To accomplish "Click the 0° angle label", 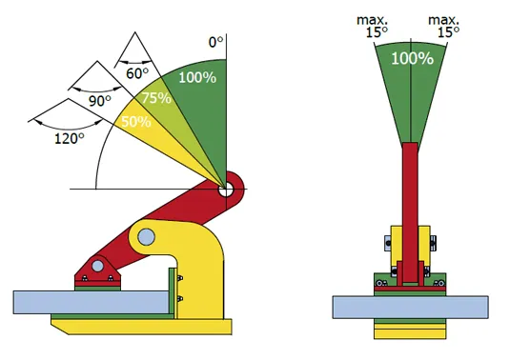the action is [216, 42].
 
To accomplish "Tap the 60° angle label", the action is [137, 73].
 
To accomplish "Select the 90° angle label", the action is [100, 101].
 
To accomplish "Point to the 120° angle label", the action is [70, 139].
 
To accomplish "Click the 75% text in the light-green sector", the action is [156, 98].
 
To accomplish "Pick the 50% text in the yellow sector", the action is [136, 122].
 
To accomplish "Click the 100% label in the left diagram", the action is [197, 78].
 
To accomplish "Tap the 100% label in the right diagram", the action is [412, 58].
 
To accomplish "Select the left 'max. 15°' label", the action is [373, 27].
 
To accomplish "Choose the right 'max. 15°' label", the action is [444, 27].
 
